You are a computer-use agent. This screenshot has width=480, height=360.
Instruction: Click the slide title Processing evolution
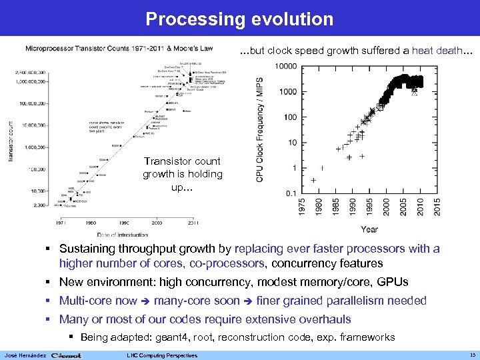[x=239, y=19]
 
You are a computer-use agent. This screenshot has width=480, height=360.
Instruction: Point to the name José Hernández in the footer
[x=24, y=355]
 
